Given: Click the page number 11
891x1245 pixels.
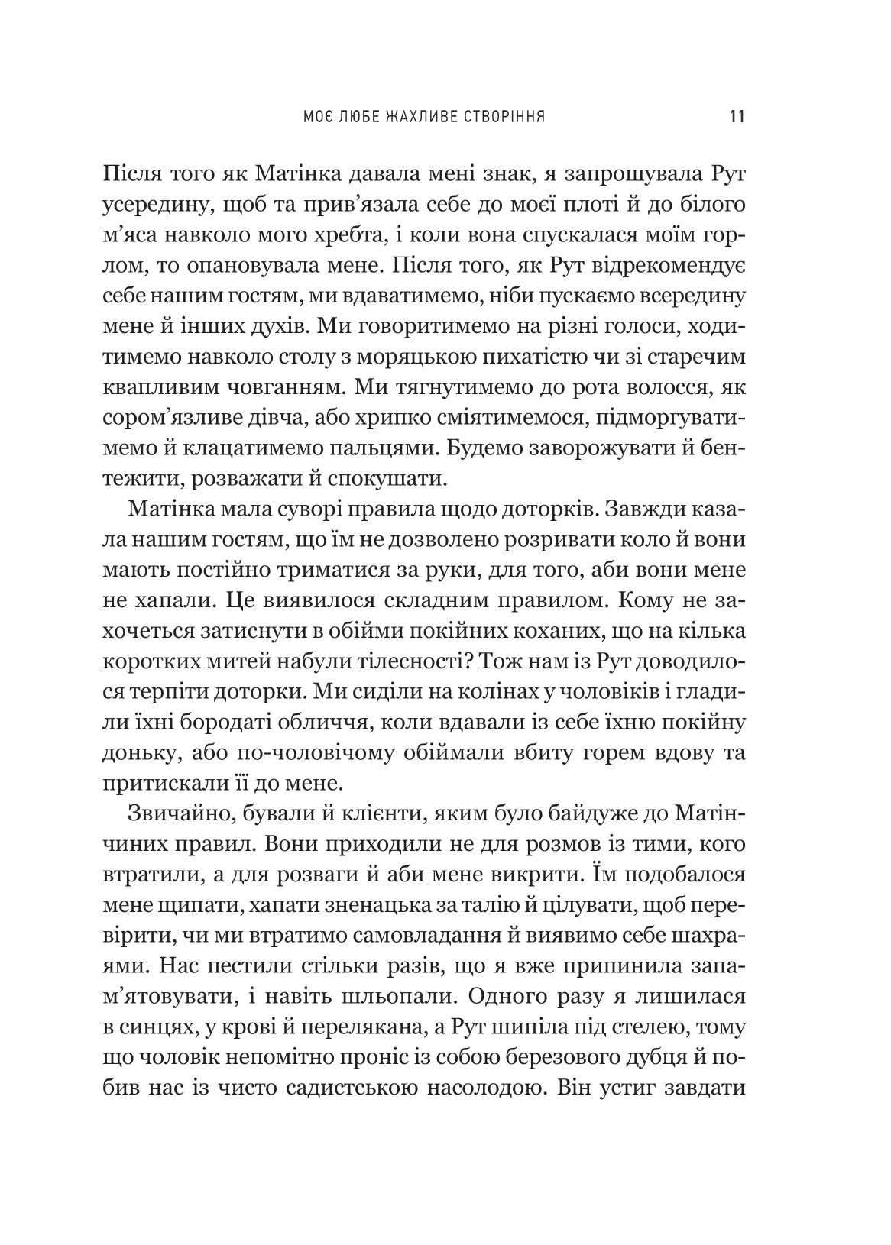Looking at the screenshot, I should pos(737,117).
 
